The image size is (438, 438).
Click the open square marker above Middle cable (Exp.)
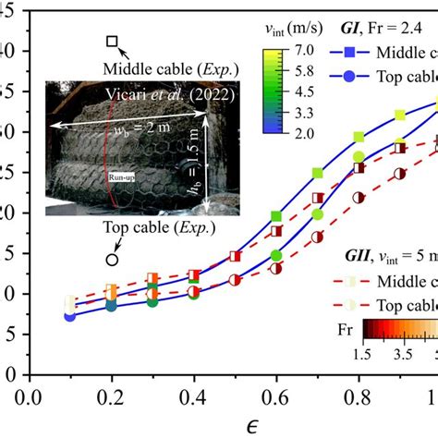click(x=112, y=42)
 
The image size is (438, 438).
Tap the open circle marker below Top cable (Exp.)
click(x=112, y=260)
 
